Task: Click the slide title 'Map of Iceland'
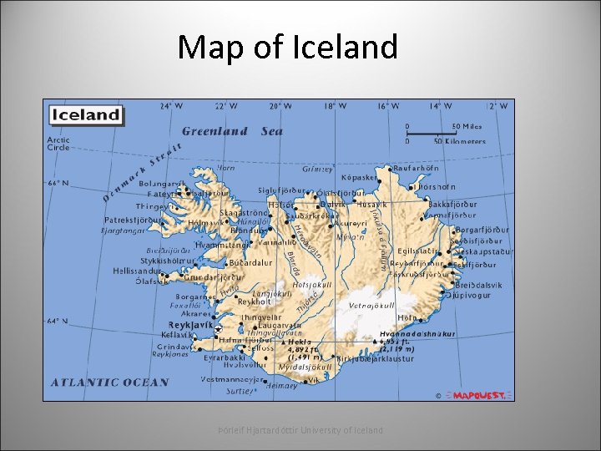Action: (x=287, y=47)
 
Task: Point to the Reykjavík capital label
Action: (x=191, y=323)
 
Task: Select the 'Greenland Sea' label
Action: (x=232, y=131)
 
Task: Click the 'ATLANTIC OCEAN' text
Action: (x=110, y=383)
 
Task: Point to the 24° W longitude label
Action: (x=167, y=106)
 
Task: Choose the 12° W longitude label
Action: (x=497, y=106)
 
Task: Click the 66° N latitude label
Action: (x=58, y=183)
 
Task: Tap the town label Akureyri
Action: (x=350, y=224)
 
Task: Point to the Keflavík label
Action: (x=176, y=334)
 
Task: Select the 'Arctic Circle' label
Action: (x=58, y=144)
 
